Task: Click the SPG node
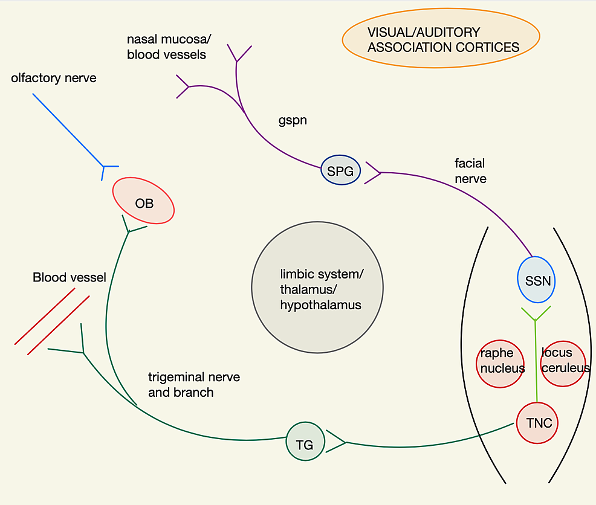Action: (x=340, y=170)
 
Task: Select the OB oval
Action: (x=143, y=201)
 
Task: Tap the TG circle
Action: (x=305, y=441)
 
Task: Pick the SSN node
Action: (x=536, y=280)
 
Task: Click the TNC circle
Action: (x=537, y=422)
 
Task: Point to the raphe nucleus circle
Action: (x=500, y=364)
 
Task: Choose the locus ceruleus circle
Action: (x=563, y=364)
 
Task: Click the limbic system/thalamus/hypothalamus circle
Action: (x=317, y=288)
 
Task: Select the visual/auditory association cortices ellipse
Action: (x=441, y=38)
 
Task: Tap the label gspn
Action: (x=293, y=120)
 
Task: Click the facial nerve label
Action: (x=470, y=171)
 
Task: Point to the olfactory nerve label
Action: (x=54, y=78)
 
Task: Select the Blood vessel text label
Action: (x=69, y=277)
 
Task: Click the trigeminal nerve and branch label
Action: (x=194, y=385)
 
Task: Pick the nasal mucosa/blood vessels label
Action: (x=169, y=47)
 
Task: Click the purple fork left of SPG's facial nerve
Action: (x=372, y=173)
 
